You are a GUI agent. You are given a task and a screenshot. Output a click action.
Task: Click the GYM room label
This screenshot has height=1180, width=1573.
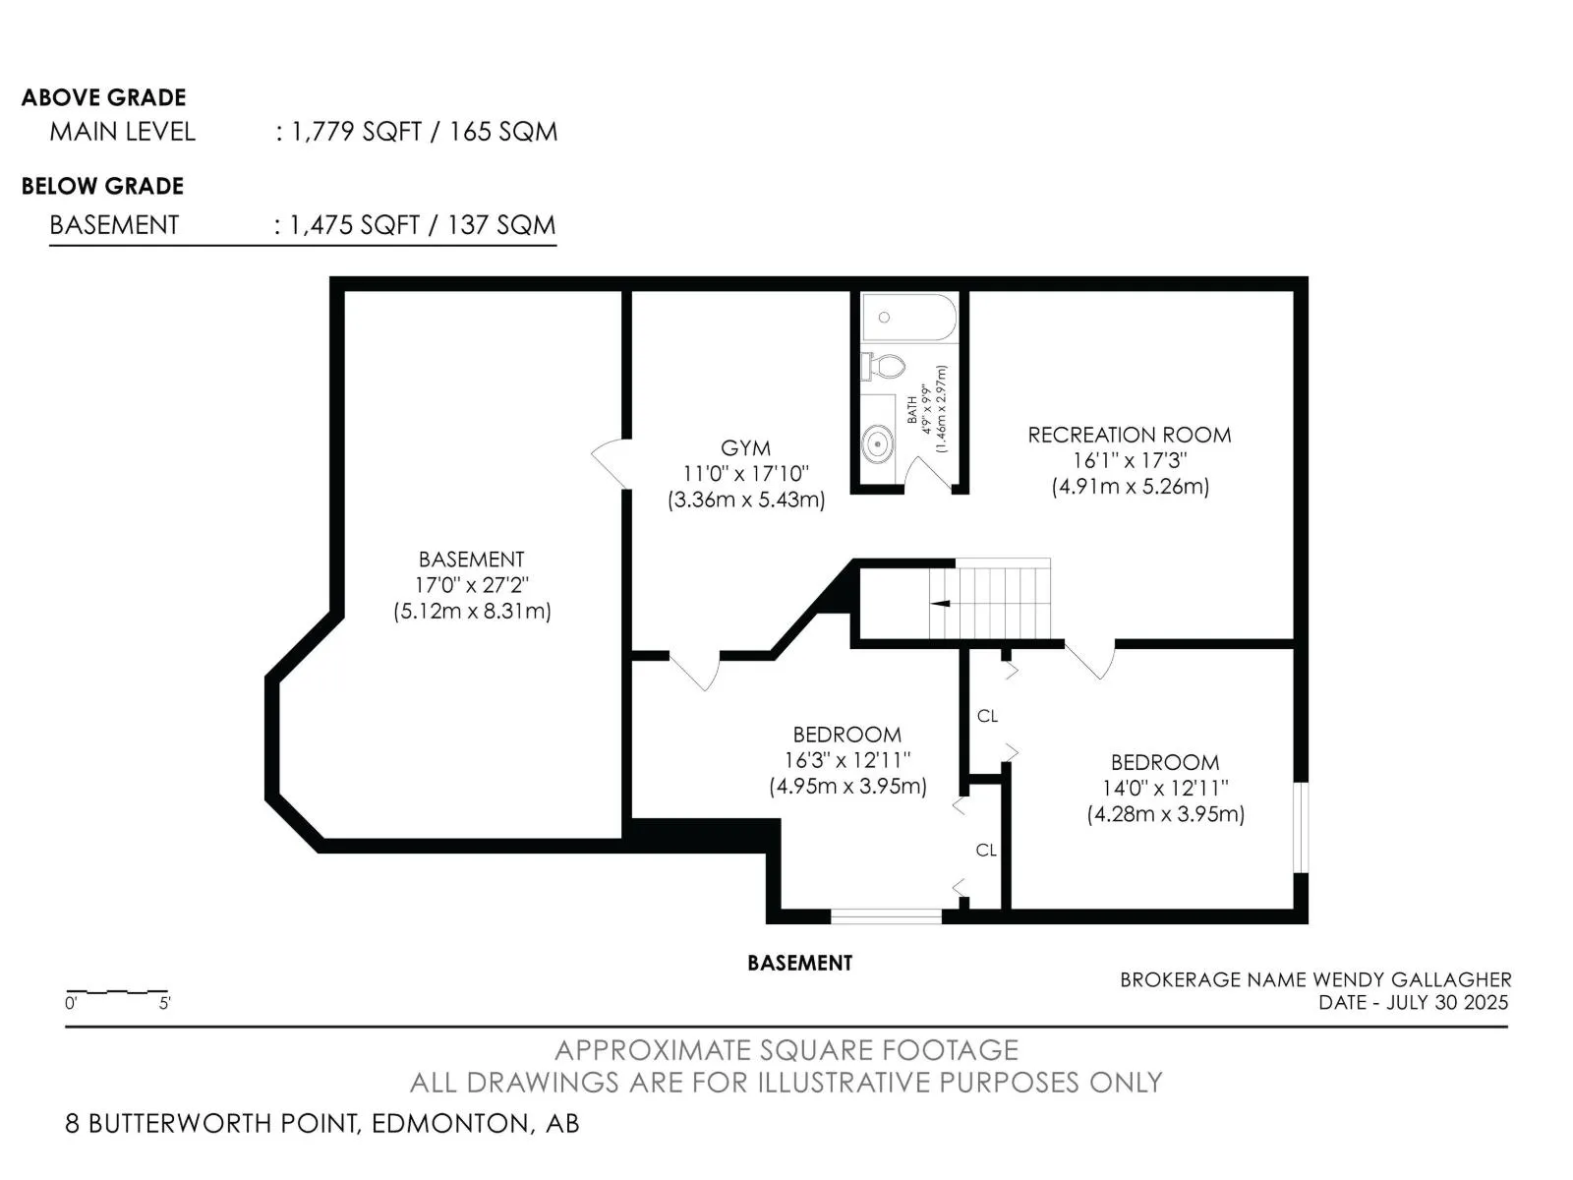pyautogui.click(x=745, y=448)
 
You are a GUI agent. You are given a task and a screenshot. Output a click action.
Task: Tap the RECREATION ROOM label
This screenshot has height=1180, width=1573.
pyautogui.click(x=1130, y=435)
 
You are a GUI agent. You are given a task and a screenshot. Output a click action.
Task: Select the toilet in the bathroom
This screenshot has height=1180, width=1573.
pyautogui.click(x=883, y=366)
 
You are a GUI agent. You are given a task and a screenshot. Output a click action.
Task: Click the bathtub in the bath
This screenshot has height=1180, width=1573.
pyautogui.click(x=908, y=318)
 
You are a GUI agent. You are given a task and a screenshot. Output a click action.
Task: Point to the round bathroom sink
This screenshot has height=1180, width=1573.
pyautogui.click(x=877, y=444)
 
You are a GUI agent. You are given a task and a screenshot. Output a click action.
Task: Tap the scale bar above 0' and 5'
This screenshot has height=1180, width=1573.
pyautogui.click(x=117, y=991)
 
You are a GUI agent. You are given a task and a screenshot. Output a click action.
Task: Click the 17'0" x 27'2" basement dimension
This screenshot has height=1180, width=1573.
pyautogui.click(x=472, y=585)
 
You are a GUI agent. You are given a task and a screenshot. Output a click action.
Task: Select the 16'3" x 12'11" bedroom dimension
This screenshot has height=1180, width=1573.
pyautogui.click(x=847, y=760)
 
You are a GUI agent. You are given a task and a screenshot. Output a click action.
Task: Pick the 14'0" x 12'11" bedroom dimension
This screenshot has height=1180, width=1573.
pyautogui.click(x=1165, y=788)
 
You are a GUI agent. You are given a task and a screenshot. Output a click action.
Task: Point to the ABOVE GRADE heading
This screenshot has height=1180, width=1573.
pyautogui.click(x=104, y=97)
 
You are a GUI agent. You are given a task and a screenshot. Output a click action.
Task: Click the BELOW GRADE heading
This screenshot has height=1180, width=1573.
pyautogui.click(x=102, y=186)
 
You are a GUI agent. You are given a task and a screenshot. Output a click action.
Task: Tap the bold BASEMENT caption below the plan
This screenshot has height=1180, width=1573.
pyautogui.click(x=799, y=963)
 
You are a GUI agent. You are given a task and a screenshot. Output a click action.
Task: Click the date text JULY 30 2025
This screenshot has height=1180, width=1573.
pyautogui.click(x=1447, y=1002)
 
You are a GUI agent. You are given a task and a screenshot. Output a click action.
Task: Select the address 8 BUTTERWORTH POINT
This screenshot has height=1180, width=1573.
pyautogui.click(x=211, y=1123)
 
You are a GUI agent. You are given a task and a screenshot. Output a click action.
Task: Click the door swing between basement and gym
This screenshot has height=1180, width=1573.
pyautogui.click(x=610, y=462)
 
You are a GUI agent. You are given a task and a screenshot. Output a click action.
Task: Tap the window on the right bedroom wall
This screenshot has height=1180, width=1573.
pyautogui.click(x=1301, y=828)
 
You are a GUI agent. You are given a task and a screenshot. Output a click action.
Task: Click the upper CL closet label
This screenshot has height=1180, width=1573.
pyautogui.click(x=987, y=716)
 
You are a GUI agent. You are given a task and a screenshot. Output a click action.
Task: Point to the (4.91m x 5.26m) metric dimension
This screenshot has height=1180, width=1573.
pyautogui.click(x=1131, y=487)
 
